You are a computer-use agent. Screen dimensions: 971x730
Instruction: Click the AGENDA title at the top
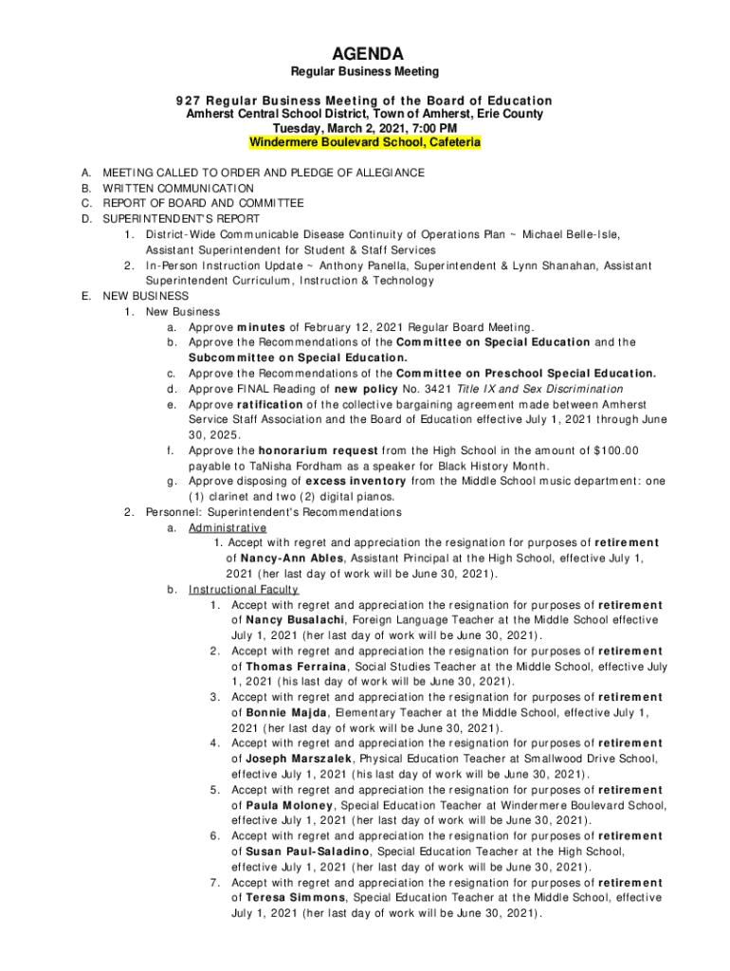click(x=365, y=53)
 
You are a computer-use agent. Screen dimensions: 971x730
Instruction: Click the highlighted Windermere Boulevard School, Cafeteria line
click(x=365, y=142)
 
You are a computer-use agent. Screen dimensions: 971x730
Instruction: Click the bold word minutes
click(x=261, y=327)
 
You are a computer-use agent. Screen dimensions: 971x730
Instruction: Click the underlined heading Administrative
click(x=228, y=527)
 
